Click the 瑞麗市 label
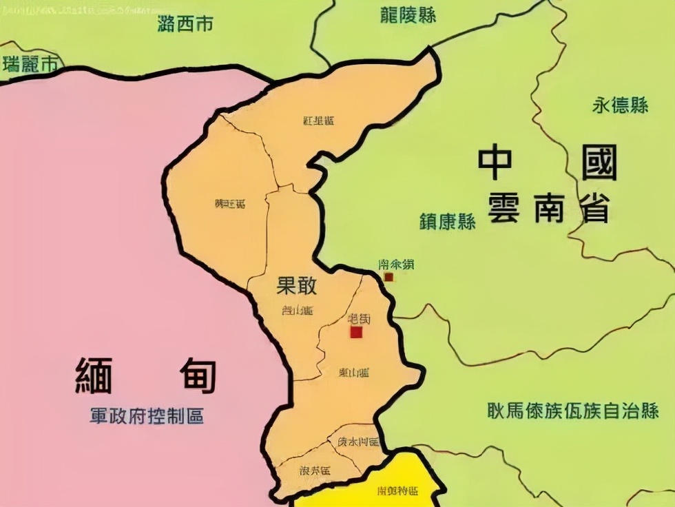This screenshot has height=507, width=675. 30,65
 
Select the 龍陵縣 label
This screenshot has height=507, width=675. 408,15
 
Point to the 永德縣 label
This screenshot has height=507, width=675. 620,105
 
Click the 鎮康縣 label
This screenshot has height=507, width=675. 448,222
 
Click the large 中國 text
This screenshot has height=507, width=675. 548,163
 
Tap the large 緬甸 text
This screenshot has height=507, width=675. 146,376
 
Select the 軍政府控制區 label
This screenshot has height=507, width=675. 147,416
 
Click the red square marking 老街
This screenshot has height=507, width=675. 356,333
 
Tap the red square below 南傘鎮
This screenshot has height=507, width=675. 388,277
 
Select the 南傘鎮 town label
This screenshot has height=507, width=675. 397,264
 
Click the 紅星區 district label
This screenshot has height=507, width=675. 318,121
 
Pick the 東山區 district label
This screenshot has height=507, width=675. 354,372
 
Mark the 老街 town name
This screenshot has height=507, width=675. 360,319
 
